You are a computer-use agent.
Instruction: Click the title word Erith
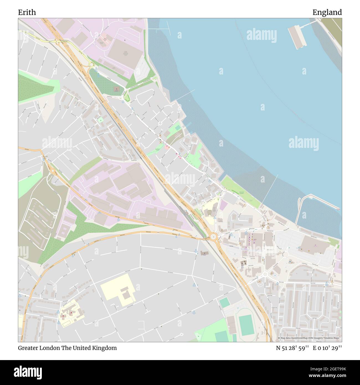[x=27, y=12]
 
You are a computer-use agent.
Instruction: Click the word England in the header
[x=327, y=12]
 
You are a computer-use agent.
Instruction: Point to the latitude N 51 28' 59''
[x=292, y=348]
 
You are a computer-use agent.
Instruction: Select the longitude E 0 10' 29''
[x=327, y=348]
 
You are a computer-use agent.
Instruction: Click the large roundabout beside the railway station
[x=213, y=237]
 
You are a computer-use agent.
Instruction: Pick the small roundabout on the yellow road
[x=91, y=65]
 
